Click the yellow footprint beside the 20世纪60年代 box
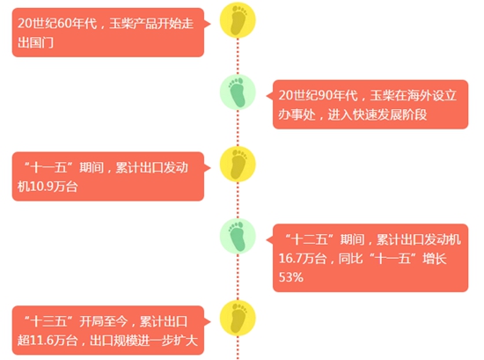[238, 20]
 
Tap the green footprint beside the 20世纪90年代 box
[238, 92]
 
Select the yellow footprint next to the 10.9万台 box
[238, 164]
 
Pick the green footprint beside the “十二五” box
[238, 236]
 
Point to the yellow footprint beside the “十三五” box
[238, 318]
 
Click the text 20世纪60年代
[57, 24]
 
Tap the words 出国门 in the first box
[35, 42]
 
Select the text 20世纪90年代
[319, 95]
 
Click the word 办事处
[297, 114]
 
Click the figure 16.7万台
[303, 258]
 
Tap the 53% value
[291, 277]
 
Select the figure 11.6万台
[54, 341]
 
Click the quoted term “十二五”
[309, 239]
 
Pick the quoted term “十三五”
[48, 321]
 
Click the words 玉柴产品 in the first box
[133, 24]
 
